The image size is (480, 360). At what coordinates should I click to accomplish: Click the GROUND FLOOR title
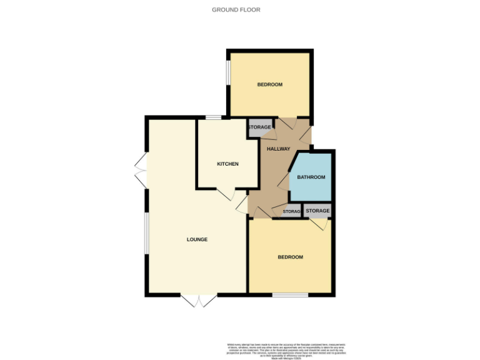click(x=236, y=10)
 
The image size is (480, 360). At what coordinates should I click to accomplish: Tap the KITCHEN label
click(x=227, y=164)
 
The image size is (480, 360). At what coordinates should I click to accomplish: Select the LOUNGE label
click(x=197, y=239)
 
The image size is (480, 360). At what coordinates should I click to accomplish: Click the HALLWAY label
click(x=278, y=149)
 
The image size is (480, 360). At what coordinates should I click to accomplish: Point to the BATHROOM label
click(x=311, y=177)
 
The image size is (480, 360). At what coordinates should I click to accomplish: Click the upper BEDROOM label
click(x=270, y=84)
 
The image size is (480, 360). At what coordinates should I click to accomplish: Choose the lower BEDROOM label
click(x=290, y=257)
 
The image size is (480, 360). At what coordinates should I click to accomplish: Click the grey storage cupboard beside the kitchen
click(x=260, y=127)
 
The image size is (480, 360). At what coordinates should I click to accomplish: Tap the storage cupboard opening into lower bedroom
click(x=317, y=211)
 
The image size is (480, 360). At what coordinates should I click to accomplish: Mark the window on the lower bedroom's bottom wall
click(x=290, y=294)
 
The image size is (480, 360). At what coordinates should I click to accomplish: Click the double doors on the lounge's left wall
click(x=141, y=171)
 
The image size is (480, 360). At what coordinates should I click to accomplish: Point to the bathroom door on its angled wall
click(x=284, y=181)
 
